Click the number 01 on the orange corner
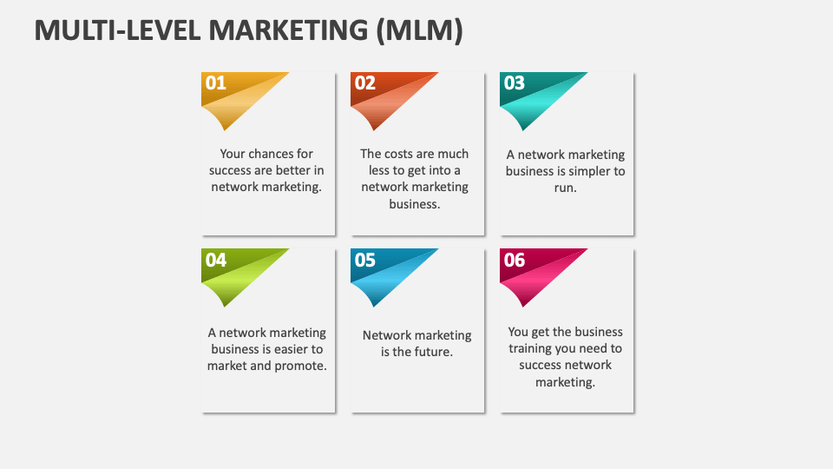pos(215,83)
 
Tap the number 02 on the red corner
pos(365,83)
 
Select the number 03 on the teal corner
pos(515,83)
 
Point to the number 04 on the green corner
pos(216,260)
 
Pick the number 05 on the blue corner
pos(365,260)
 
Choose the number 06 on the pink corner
pos(515,260)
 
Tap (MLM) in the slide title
pos(419,30)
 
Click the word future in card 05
pos(432,352)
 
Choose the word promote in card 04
pos(304,366)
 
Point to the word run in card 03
pos(565,188)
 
